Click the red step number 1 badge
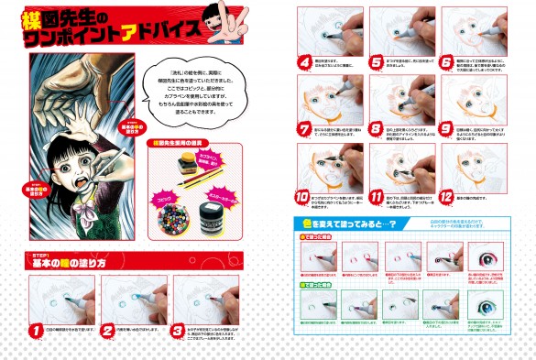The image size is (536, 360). click(x=37, y=329)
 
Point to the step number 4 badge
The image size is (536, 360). click(x=305, y=63)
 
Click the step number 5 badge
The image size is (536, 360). click(x=377, y=63)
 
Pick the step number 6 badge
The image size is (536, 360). click(x=448, y=63)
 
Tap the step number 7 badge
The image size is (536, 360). click(x=305, y=129)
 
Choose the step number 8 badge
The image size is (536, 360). click(x=377, y=129)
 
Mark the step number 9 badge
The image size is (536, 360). click(x=448, y=129)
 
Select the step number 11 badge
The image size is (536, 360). click(x=377, y=195)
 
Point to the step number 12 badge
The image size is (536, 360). click(x=448, y=195)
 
